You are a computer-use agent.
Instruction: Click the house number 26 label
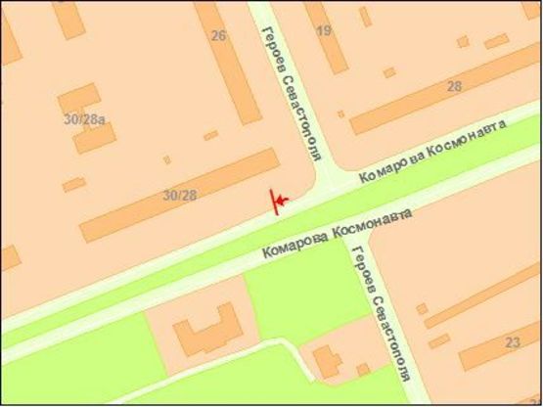coord(218,36)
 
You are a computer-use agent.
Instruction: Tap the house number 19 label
coord(324,30)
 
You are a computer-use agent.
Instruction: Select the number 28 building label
coord(454,86)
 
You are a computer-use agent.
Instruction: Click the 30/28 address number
coord(179,196)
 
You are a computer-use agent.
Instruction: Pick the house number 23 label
coord(513,342)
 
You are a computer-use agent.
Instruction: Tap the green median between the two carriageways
coord(196,264)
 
